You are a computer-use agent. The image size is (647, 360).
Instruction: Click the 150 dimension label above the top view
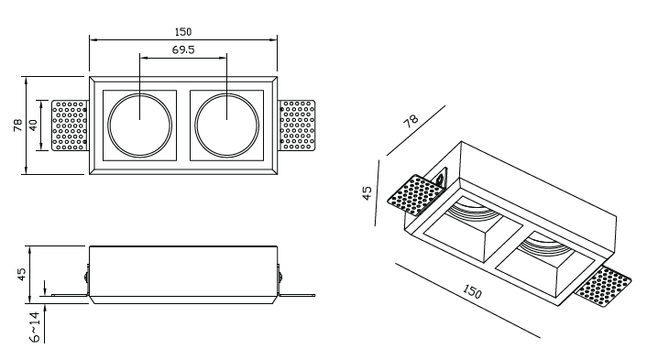click(183, 32)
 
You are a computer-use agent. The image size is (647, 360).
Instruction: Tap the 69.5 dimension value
click(183, 49)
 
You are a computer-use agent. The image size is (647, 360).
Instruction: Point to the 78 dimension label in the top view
click(18, 125)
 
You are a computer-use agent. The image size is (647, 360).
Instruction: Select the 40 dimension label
click(33, 125)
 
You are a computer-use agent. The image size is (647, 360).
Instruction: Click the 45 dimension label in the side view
click(21, 274)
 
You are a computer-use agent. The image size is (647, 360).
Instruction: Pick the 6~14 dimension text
click(36, 327)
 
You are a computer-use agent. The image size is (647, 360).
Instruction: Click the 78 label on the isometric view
click(411, 121)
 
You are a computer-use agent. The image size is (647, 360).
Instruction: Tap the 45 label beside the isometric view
click(367, 193)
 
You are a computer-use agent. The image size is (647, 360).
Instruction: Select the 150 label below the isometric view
click(472, 291)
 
